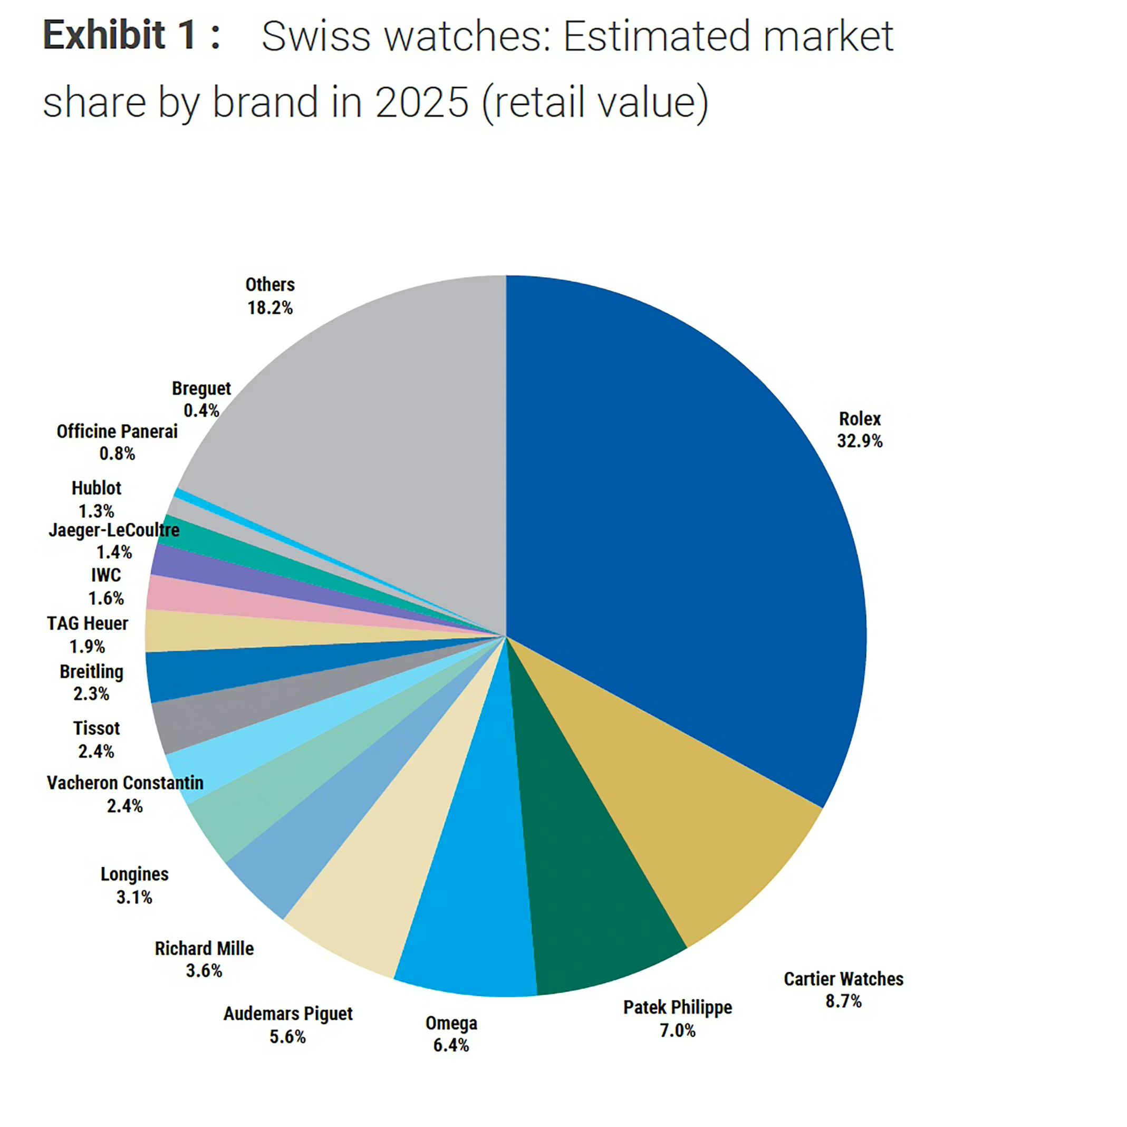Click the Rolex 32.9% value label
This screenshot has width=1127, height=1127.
pos(859,441)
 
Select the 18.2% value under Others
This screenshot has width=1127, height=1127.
pos(269,307)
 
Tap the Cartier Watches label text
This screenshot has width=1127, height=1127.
pos(843,979)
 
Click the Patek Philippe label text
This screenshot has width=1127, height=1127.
pos(677,1007)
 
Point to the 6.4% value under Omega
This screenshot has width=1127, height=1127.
pos(450,1045)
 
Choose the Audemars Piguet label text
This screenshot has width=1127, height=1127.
pos(287,1013)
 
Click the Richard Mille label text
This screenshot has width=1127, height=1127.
pos(204,949)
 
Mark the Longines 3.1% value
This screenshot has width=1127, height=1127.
pos(134,897)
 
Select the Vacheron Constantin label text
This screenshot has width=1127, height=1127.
pos(125,783)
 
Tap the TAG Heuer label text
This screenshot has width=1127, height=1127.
pos(87,623)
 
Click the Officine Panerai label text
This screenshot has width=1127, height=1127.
pos(117,432)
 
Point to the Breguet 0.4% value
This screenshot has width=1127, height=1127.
pos(201,411)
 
